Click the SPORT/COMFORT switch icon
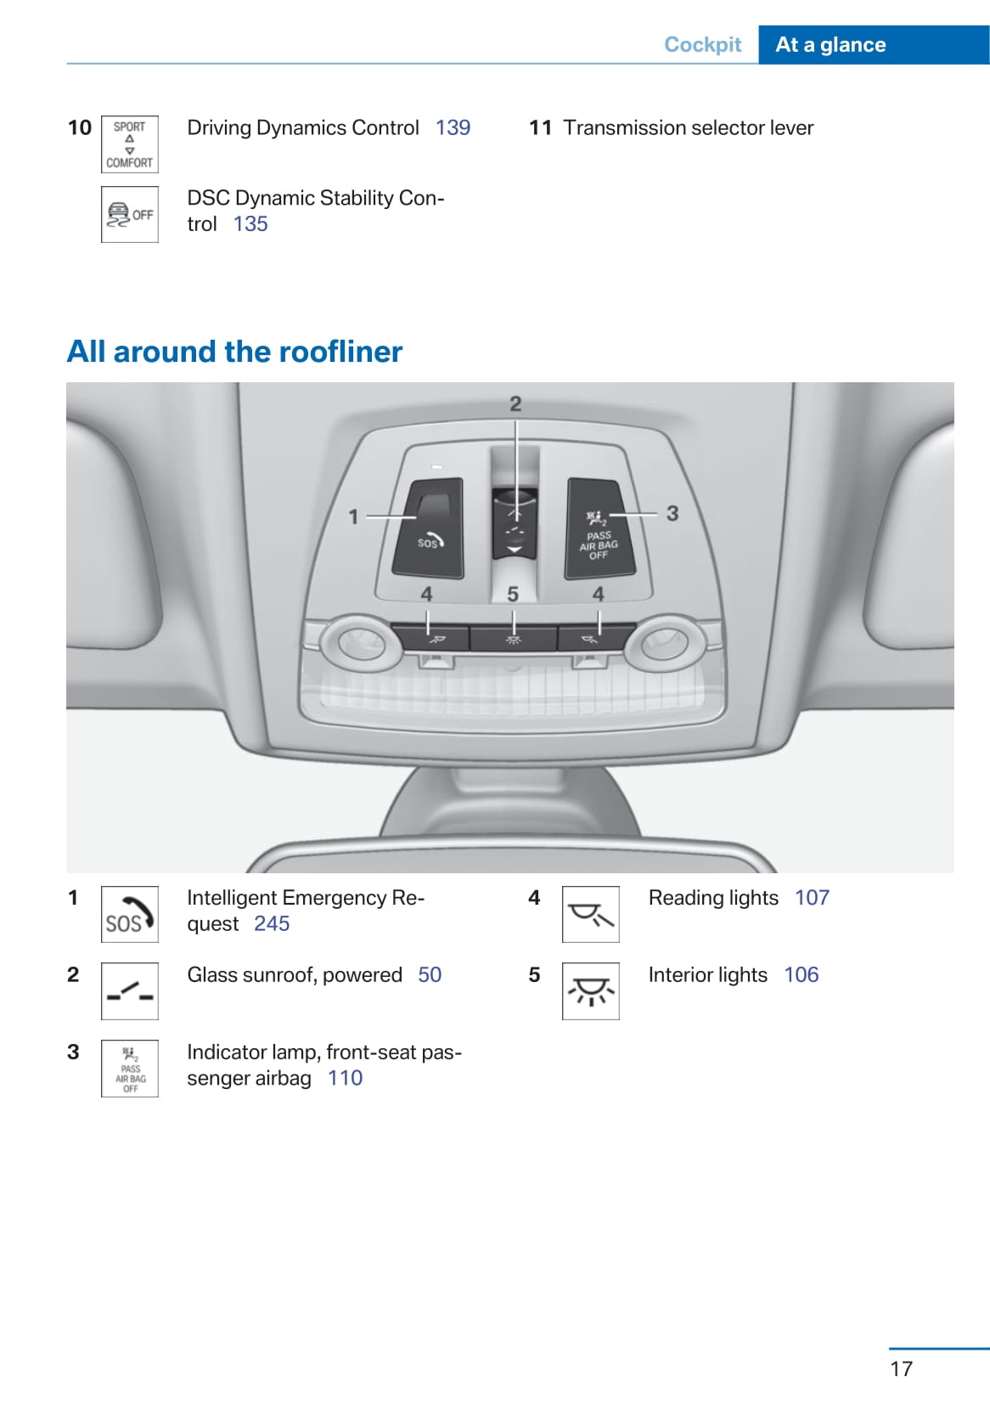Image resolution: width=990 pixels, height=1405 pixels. click(130, 144)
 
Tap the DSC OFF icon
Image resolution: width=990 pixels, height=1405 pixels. click(130, 215)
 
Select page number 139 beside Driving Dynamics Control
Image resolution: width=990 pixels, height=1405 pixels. click(453, 128)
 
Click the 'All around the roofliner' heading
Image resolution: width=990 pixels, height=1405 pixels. click(234, 352)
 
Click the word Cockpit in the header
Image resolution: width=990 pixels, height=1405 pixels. click(702, 44)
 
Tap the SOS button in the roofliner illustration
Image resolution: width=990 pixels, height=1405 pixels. click(429, 528)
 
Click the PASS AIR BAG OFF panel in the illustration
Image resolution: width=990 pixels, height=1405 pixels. click(599, 528)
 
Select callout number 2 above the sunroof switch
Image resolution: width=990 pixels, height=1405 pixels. click(515, 404)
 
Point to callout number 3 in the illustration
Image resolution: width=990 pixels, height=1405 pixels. click(672, 514)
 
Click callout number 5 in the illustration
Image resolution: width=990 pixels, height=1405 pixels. click(513, 594)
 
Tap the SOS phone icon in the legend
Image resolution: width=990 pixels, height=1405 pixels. click(130, 914)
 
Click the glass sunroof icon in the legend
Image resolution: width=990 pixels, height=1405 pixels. click(130, 991)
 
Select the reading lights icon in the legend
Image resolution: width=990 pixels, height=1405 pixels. click(591, 914)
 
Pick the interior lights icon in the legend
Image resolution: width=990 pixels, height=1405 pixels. click(591, 991)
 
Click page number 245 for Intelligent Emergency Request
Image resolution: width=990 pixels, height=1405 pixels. click(272, 924)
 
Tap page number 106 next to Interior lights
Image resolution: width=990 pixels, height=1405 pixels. click(802, 974)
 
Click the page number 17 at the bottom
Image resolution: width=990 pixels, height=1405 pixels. click(902, 1368)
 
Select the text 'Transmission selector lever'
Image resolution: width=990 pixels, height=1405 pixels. click(689, 128)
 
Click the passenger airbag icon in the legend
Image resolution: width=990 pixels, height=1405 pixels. click(130, 1068)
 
